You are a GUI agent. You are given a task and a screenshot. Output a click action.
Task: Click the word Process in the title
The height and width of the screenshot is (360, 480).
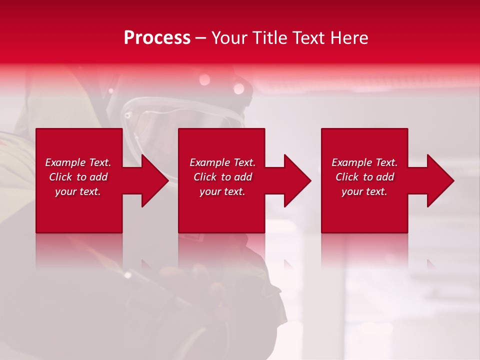coord(157,38)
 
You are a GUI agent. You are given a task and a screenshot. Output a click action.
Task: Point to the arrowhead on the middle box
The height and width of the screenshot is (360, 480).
coord(296,180)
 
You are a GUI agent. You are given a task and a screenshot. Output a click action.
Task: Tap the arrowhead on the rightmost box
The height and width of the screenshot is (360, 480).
coord(439,180)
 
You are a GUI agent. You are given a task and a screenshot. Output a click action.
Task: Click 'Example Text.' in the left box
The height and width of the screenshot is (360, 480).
coord(78,162)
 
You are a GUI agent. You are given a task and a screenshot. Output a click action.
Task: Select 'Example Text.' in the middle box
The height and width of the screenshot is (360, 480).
coord(222,162)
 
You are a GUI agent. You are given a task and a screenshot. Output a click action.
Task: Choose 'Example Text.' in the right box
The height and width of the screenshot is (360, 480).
coord(364,162)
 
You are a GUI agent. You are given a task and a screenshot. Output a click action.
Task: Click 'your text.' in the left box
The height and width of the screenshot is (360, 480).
coord(78,191)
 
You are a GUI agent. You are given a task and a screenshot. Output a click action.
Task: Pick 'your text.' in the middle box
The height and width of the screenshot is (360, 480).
coord(222,191)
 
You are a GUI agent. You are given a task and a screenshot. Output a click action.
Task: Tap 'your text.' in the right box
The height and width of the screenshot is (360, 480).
coord(364,191)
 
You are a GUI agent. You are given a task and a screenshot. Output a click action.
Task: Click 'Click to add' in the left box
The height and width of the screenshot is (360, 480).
coord(78,177)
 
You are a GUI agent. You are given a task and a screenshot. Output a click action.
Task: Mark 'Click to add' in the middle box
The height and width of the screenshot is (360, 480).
coord(222,177)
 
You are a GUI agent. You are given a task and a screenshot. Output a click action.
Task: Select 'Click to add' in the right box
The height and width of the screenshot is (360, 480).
coord(364,177)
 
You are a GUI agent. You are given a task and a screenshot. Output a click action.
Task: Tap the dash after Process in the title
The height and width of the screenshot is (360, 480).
coord(200,38)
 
